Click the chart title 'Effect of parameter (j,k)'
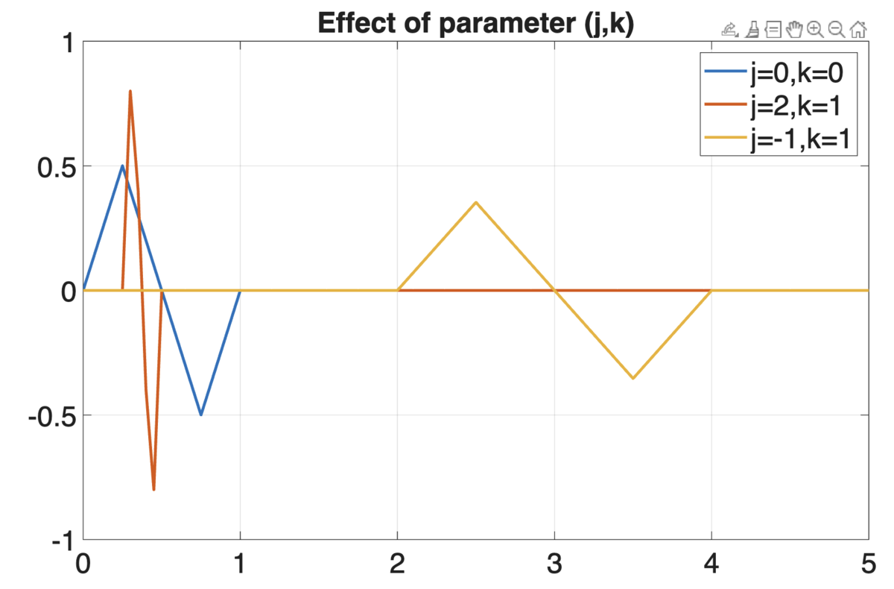click(476, 23)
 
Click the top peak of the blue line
click(122, 166)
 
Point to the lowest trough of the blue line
click(201, 415)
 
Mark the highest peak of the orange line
click(130, 91)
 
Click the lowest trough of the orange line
click(153, 490)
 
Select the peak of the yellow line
click(476, 203)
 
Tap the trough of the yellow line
click(633, 378)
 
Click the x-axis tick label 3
click(554, 564)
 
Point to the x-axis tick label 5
click(869, 564)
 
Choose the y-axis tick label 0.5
click(57, 168)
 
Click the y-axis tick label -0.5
click(52, 418)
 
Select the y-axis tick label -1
click(63, 542)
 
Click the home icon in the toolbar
click(858, 30)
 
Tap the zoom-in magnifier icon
click(815, 30)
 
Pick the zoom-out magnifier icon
click(837, 30)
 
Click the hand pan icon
click(794, 30)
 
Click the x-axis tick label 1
click(239, 564)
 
